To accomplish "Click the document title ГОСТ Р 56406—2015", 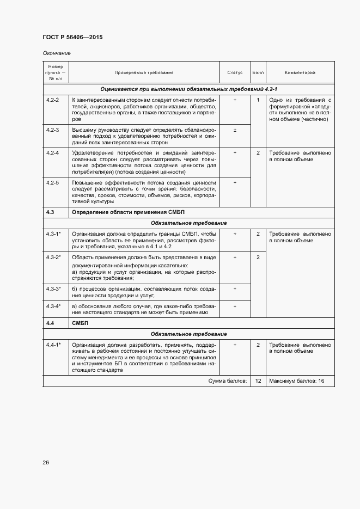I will [72, 37].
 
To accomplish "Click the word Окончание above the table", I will [57, 53].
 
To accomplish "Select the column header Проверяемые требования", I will [144, 72].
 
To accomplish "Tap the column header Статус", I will [235, 72].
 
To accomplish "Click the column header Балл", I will [258, 72].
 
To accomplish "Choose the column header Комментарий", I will [300, 72].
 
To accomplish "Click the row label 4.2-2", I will [53, 100].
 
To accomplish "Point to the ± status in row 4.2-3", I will [235, 130].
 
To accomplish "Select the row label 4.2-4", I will [53, 153].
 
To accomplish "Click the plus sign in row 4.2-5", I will [235, 182].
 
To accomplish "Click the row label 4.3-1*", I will [53, 234].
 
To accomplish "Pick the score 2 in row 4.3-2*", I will [258, 257].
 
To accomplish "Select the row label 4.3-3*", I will [53, 289].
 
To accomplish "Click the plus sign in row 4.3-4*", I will [235, 306].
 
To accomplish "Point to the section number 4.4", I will [50, 323].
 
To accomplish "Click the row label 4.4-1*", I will [53, 345].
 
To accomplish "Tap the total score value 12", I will [258, 381].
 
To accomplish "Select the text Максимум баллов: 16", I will [296, 381].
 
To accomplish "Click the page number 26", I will [46, 463].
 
